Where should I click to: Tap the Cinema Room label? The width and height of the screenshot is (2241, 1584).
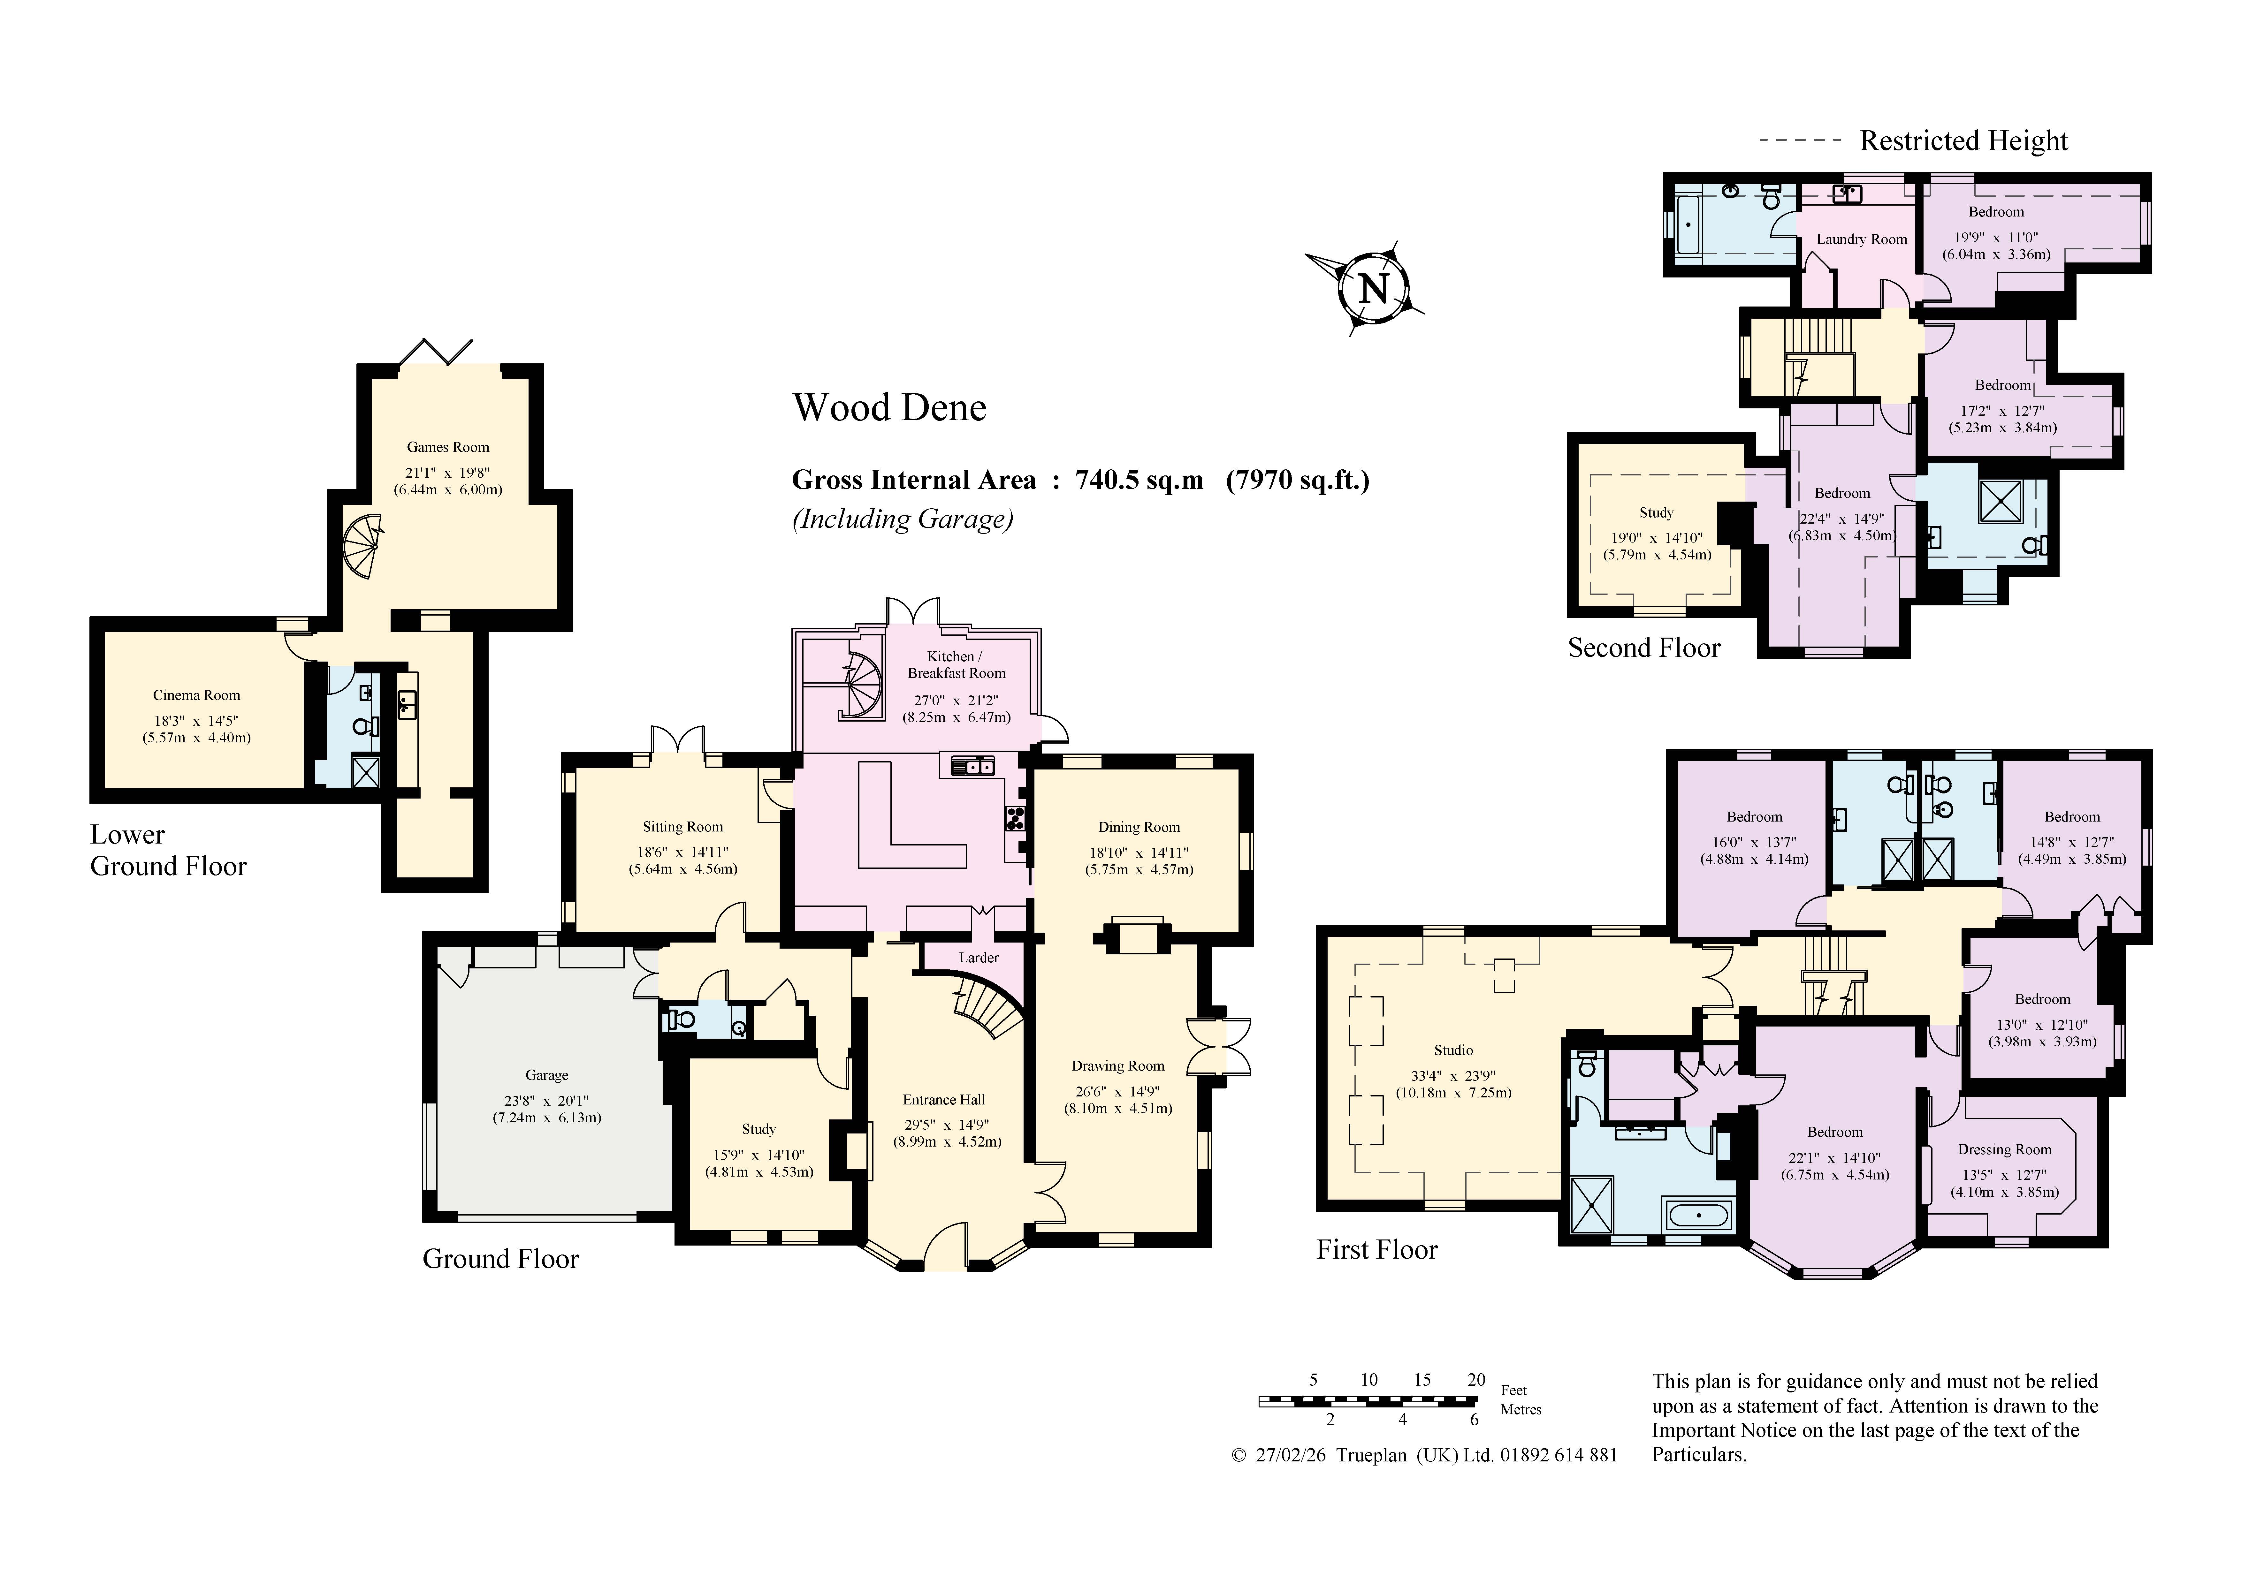(196, 695)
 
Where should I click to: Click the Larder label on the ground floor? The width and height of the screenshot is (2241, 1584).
(978, 958)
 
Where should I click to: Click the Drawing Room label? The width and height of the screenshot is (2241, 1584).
(1117, 1066)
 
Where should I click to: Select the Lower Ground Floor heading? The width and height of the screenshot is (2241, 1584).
(168, 850)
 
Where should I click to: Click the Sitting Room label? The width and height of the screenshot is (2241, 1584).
(682, 827)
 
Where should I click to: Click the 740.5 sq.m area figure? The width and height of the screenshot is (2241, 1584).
(1139, 480)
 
